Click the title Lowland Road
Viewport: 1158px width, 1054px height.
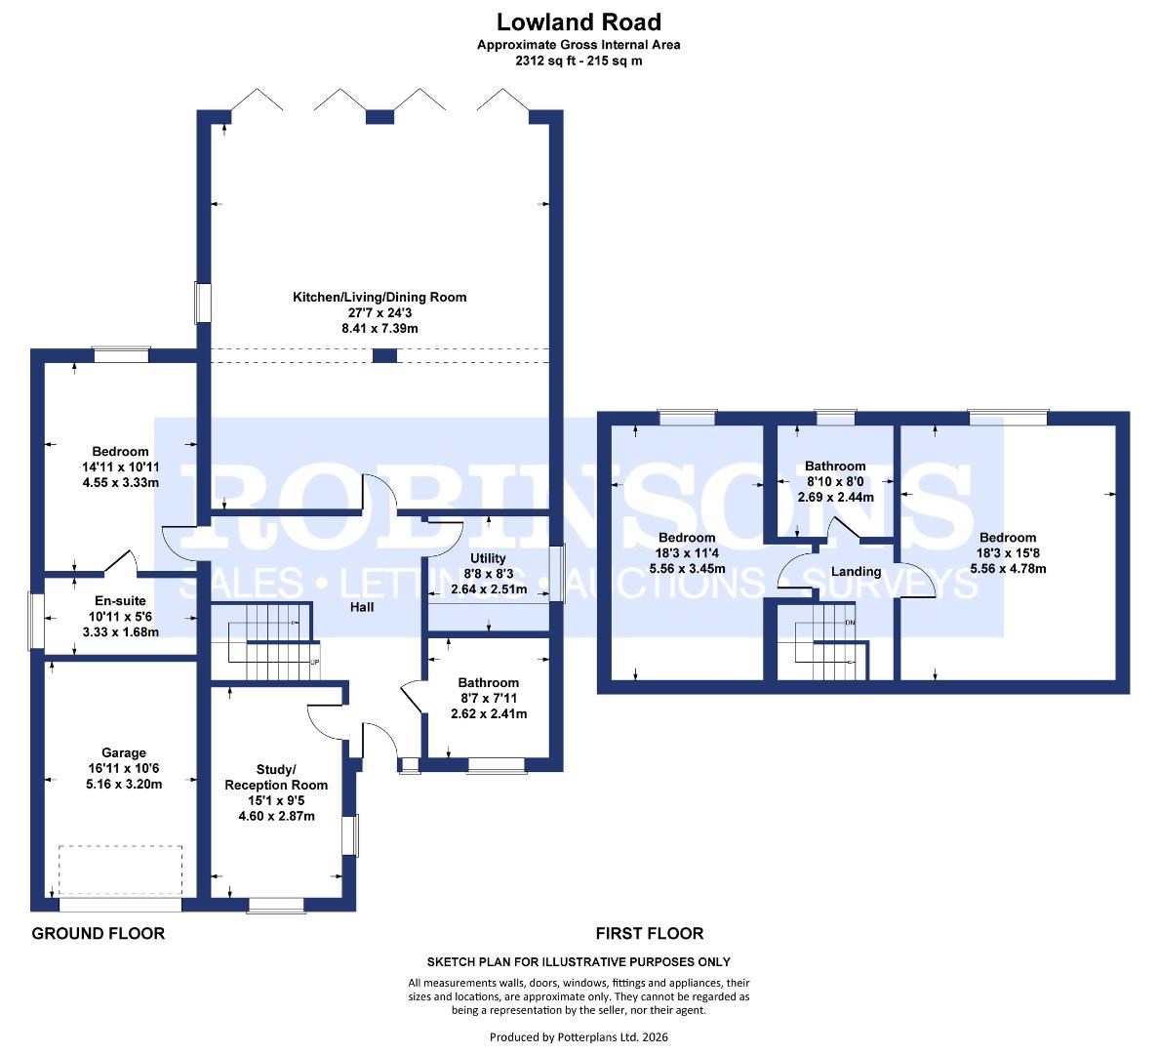click(579, 21)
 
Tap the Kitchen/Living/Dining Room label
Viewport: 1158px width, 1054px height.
click(380, 297)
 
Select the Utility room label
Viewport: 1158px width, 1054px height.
click(489, 558)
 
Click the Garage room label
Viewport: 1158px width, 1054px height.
click(124, 752)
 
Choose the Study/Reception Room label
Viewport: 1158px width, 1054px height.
click(276, 777)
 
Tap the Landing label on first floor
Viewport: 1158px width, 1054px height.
click(856, 571)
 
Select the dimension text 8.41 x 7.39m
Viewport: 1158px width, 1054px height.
click(380, 329)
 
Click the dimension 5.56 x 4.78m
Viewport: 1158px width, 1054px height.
click(1008, 569)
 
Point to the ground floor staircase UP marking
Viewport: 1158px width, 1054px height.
click(314, 663)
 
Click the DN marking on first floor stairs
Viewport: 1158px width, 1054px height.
click(850, 622)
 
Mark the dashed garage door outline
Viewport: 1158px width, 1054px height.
click(121, 870)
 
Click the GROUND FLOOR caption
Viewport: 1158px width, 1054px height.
click(99, 933)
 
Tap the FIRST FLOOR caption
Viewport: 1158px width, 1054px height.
click(650, 933)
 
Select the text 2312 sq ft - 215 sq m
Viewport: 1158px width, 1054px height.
click(579, 61)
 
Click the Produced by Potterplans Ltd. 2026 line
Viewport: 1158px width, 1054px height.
click(579, 1036)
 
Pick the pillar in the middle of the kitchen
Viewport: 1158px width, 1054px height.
click(385, 355)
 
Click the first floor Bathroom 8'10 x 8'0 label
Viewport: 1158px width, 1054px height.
click(835, 466)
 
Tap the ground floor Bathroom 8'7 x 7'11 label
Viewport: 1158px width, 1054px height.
click(489, 682)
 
